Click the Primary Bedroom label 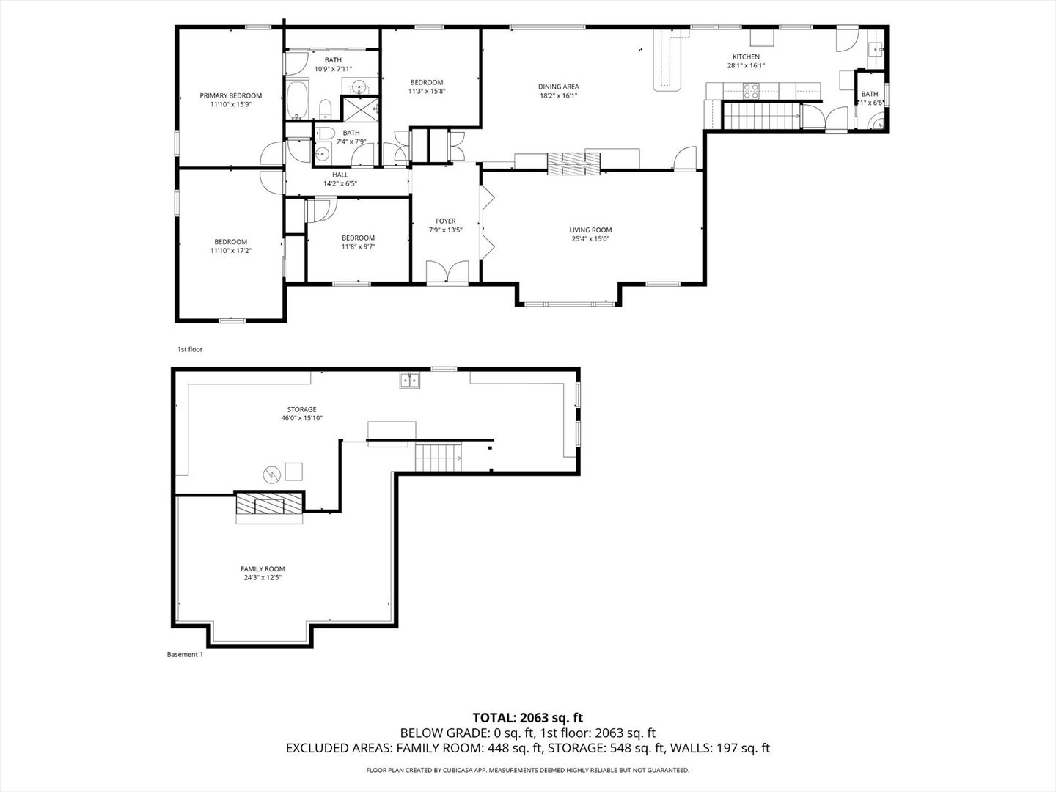pos(230,95)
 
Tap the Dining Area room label pos(559,87)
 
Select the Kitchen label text pos(746,56)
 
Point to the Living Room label pos(590,230)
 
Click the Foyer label pos(445,221)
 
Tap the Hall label pos(340,175)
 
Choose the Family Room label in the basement pos(263,569)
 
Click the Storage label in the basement pos(301,409)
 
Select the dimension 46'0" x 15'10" pos(301,418)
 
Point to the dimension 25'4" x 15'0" pos(590,238)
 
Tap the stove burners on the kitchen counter pos(752,91)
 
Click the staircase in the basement pos(439,458)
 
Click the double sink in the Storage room pos(409,380)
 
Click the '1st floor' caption pos(190,350)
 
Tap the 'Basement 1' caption pos(185,655)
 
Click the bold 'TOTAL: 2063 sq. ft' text pos(527,717)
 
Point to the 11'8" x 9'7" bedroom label pos(358,238)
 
